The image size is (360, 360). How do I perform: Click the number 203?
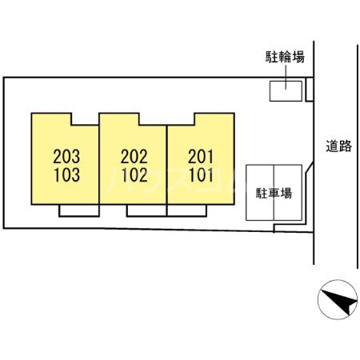point(66,156)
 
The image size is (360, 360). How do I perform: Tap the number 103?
point(67,175)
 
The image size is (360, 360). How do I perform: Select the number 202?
point(134,156)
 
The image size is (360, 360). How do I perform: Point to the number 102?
point(134,175)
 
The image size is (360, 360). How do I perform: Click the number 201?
point(201,156)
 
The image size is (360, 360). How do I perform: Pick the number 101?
point(202,175)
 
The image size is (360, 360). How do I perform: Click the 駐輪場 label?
point(285,57)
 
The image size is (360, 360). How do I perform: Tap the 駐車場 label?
point(274,193)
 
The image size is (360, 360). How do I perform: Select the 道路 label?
point(338,146)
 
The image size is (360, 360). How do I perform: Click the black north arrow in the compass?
point(339,300)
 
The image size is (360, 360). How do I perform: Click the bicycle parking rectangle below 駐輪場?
point(286,91)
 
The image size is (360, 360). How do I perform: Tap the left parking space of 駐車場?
point(260,193)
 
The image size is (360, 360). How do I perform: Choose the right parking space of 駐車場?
point(288,193)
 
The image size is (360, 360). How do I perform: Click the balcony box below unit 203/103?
point(79,210)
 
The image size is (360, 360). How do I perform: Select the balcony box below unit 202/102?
point(146,210)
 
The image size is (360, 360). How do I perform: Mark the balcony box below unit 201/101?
point(186,210)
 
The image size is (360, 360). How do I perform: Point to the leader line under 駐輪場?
point(286,78)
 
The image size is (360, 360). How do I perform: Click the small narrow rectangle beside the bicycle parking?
point(310,90)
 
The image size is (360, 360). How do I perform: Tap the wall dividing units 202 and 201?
point(167,165)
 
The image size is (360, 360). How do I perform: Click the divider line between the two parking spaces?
point(274,193)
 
